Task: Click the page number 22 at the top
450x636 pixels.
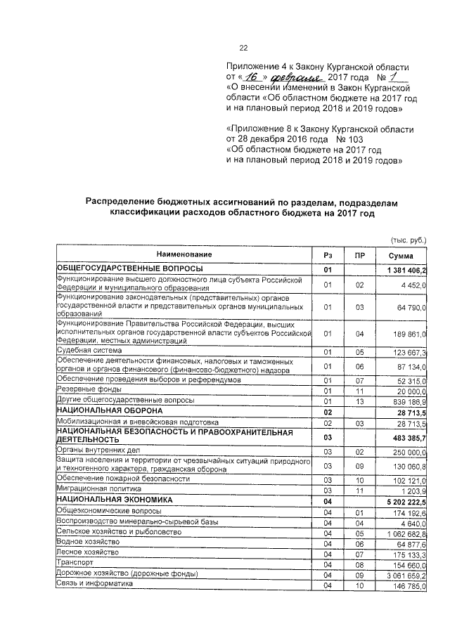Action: [x=244, y=48]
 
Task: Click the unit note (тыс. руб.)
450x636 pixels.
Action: [x=409, y=239]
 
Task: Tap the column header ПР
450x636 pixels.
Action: [x=359, y=255]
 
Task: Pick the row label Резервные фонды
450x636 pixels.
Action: [x=87, y=389]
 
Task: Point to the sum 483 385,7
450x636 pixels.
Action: [x=407, y=438]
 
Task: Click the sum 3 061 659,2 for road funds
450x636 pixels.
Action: [x=406, y=574]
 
